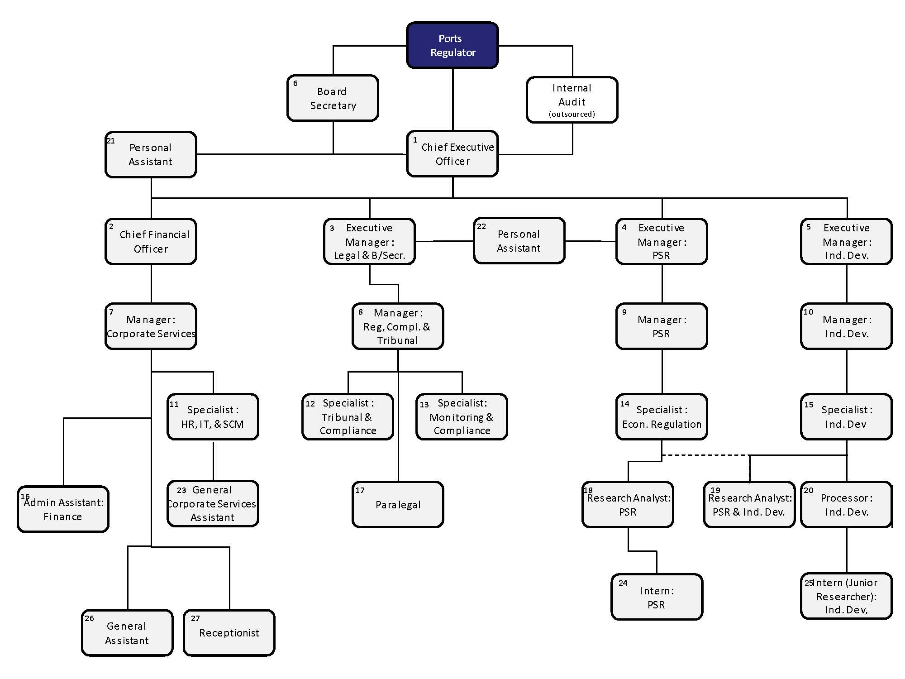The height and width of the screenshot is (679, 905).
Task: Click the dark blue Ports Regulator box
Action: [x=452, y=45]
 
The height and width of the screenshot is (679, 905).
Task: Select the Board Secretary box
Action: [x=333, y=98]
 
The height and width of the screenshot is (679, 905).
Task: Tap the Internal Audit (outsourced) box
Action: [x=572, y=100]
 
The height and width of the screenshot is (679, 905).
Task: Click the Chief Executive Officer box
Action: [x=452, y=154]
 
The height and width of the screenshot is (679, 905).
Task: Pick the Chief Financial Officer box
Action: [x=151, y=241]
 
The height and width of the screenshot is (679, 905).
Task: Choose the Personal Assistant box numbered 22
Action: [x=519, y=241]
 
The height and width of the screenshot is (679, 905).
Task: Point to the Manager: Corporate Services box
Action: [x=151, y=326]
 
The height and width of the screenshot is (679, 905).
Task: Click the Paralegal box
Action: [x=398, y=504]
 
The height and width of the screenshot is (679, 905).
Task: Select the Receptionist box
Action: [x=229, y=632]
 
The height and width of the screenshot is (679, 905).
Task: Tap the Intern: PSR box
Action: [x=657, y=597]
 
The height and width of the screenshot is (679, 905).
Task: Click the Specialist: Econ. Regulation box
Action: [x=662, y=416]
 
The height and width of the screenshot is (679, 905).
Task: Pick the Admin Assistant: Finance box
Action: [x=63, y=509]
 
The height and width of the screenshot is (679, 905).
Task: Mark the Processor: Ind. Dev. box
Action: [x=846, y=504]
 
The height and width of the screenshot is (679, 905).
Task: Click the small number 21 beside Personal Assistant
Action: [x=110, y=141]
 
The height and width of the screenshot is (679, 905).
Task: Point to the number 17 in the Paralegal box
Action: [x=360, y=490]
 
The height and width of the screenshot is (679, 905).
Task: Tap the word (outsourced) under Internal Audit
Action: [x=572, y=114]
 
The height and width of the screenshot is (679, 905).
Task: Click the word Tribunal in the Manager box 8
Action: [x=397, y=340]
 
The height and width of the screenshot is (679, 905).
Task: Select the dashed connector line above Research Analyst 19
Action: [x=706, y=455]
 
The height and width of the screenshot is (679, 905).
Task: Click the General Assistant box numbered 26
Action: [x=127, y=632]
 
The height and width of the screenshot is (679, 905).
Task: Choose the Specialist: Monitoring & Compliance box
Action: [x=462, y=416]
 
